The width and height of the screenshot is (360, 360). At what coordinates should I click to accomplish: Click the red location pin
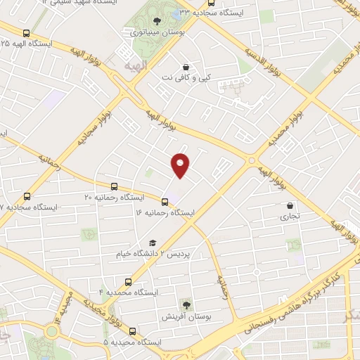(x=181, y=164)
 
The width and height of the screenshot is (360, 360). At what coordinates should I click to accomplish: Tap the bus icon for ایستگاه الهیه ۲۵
(x=27, y=33)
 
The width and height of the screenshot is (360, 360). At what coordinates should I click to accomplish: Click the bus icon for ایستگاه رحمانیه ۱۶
(x=165, y=200)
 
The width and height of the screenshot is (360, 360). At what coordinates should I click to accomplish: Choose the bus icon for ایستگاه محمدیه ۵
(x=133, y=330)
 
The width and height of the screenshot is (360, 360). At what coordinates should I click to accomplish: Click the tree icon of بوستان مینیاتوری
(x=156, y=20)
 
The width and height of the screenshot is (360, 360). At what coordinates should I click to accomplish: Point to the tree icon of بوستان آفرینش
(x=186, y=304)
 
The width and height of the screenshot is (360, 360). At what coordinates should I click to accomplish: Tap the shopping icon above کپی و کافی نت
(x=186, y=67)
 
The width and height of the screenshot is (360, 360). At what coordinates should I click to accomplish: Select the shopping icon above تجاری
(x=290, y=206)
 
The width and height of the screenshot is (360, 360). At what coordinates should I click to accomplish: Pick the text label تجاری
(x=290, y=217)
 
